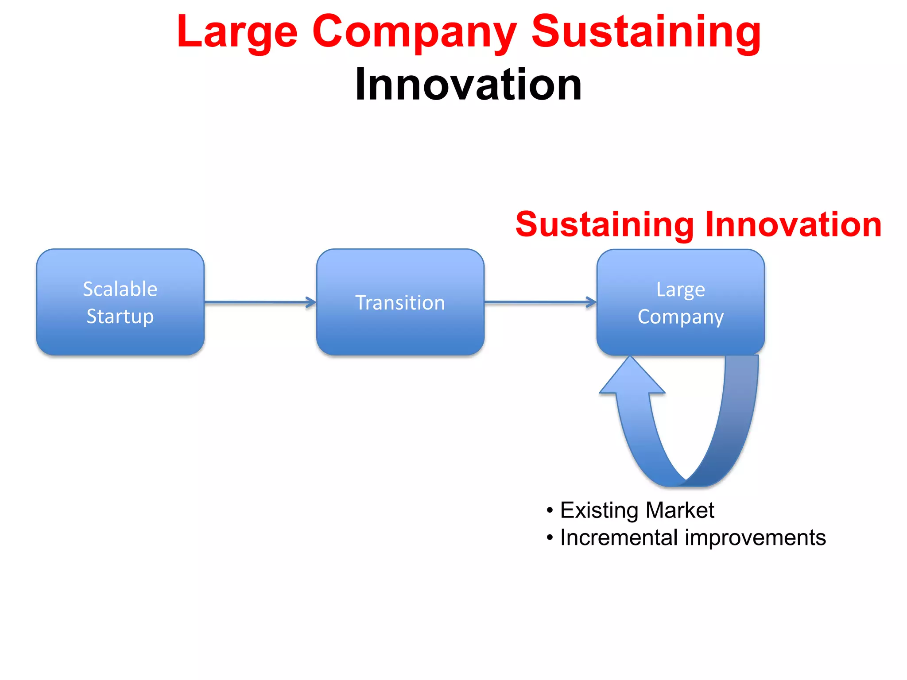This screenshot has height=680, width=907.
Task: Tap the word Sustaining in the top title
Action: [x=646, y=32]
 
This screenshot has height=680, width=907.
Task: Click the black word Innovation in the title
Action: [x=468, y=84]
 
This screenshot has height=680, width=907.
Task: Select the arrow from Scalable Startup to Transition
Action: [x=260, y=302]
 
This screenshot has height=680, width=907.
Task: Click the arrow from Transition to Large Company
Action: [x=540, y=302]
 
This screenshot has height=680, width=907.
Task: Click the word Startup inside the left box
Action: [x=120, y=317]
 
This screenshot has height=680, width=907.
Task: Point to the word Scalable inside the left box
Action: [x=120, y=289]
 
